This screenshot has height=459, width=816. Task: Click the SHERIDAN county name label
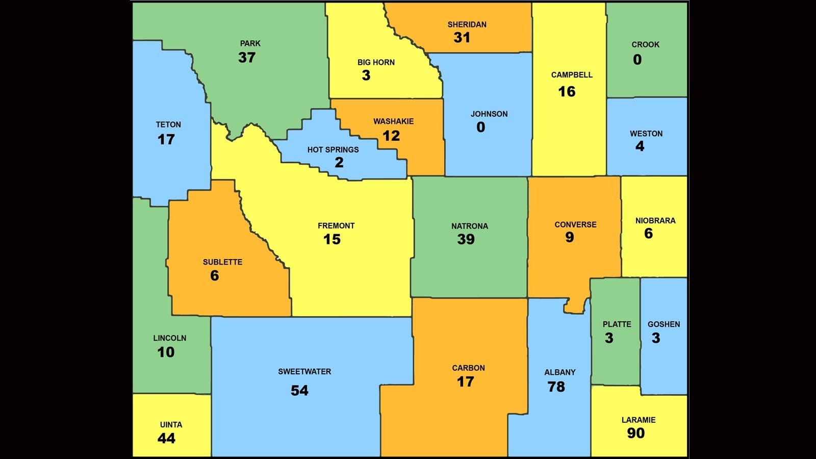pos(467,24)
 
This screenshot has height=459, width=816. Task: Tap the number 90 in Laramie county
pos(635,433)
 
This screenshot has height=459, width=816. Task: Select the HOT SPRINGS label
pos(333,149)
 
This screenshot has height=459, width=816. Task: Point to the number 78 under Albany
pos(556,387)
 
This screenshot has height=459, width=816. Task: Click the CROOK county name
pos(645,44)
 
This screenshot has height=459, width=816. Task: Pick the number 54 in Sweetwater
pos(299,391)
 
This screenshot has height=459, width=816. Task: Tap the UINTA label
pos(171,424)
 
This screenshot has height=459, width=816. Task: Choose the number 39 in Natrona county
pos(466,239)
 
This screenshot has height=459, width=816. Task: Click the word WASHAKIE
pos(393,121)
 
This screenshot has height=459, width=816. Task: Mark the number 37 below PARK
pos(246,58)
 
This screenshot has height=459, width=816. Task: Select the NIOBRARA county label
pos(655,221)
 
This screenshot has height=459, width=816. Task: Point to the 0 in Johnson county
pos(480,127)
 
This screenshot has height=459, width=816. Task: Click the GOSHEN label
pos(664,324)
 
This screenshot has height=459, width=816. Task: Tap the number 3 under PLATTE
pos(609,338)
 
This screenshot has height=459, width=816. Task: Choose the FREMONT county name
pos(336,225)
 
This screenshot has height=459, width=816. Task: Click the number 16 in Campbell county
pos(566,92)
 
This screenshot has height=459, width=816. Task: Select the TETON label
pos(168,124)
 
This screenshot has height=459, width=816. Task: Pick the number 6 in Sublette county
pos(214,276)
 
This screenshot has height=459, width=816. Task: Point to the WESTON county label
pos(646,134)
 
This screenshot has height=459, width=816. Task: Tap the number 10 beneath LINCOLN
pos(166,352)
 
